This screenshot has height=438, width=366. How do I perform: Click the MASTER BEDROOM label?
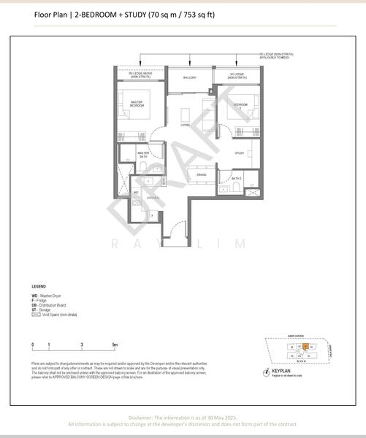137,104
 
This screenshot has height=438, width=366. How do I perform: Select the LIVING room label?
186,124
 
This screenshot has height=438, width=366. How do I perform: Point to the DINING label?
202,174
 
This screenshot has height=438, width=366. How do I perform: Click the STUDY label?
240,153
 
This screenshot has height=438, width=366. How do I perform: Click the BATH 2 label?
237,178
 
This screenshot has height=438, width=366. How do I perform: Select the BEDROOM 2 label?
240,106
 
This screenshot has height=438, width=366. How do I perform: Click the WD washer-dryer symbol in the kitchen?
137,192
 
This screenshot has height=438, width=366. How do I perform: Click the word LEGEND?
39,286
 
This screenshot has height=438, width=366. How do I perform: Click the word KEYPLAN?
280,372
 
